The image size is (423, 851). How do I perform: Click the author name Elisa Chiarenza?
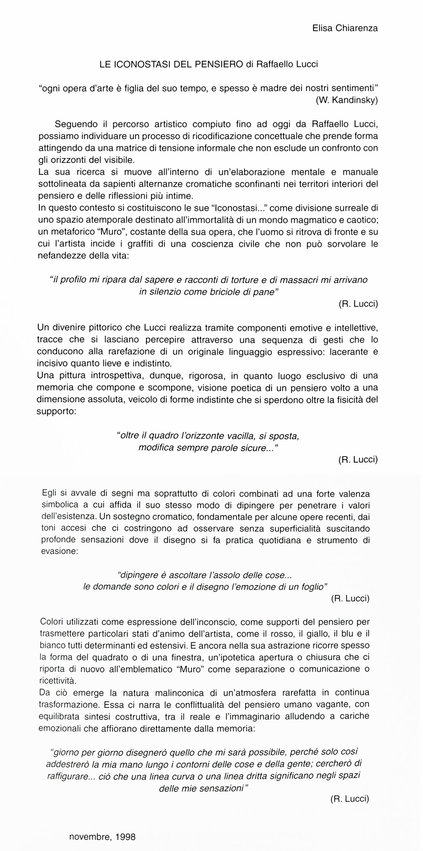[345, 28]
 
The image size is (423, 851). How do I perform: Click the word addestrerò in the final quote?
[68, 764]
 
